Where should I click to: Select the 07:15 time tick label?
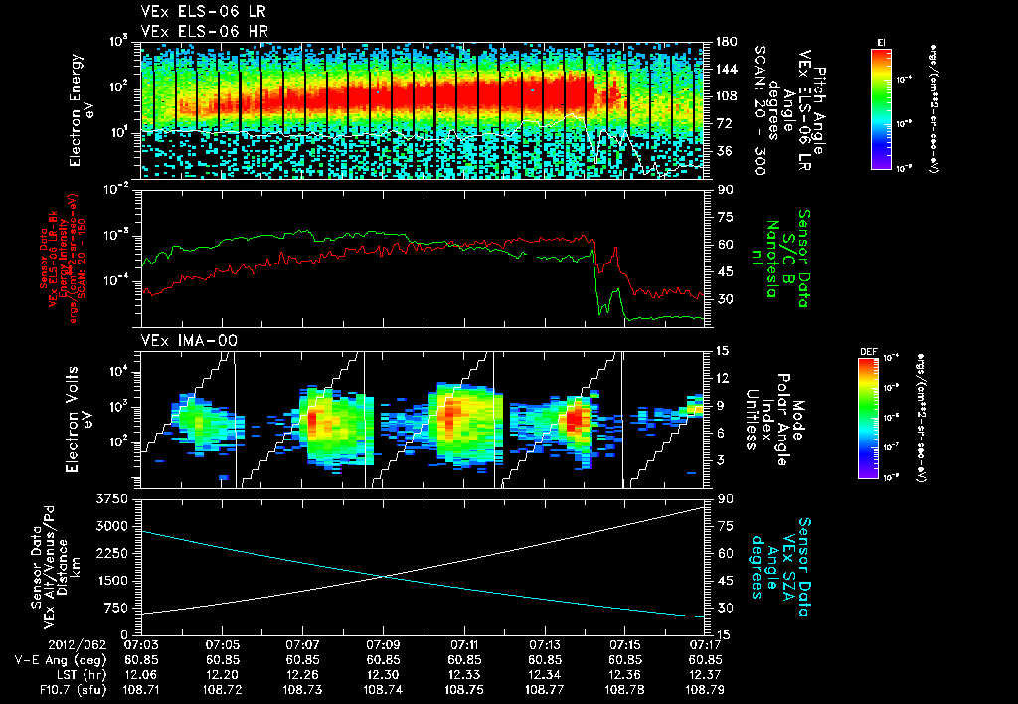(x=624, y=644)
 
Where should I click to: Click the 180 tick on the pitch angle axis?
(x=724, y=42)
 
